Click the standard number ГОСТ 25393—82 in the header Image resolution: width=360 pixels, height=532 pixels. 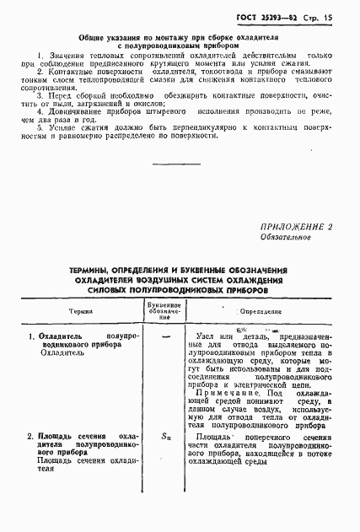tap(271, 15)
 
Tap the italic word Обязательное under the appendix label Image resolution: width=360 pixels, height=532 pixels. tap(285, 238)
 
